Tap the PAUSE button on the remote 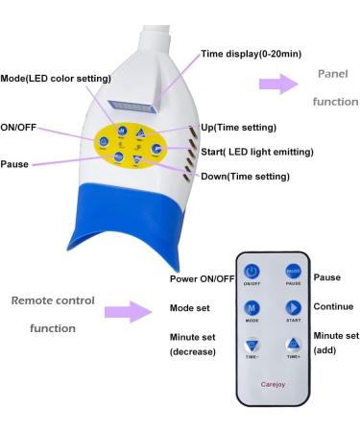coord(292,274)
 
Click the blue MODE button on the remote coord(252,309)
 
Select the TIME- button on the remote coord(252,346)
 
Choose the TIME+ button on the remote coord(292,346)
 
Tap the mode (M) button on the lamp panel coord(123,129)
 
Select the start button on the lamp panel coord(156,149)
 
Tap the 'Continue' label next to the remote coord(333,306)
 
